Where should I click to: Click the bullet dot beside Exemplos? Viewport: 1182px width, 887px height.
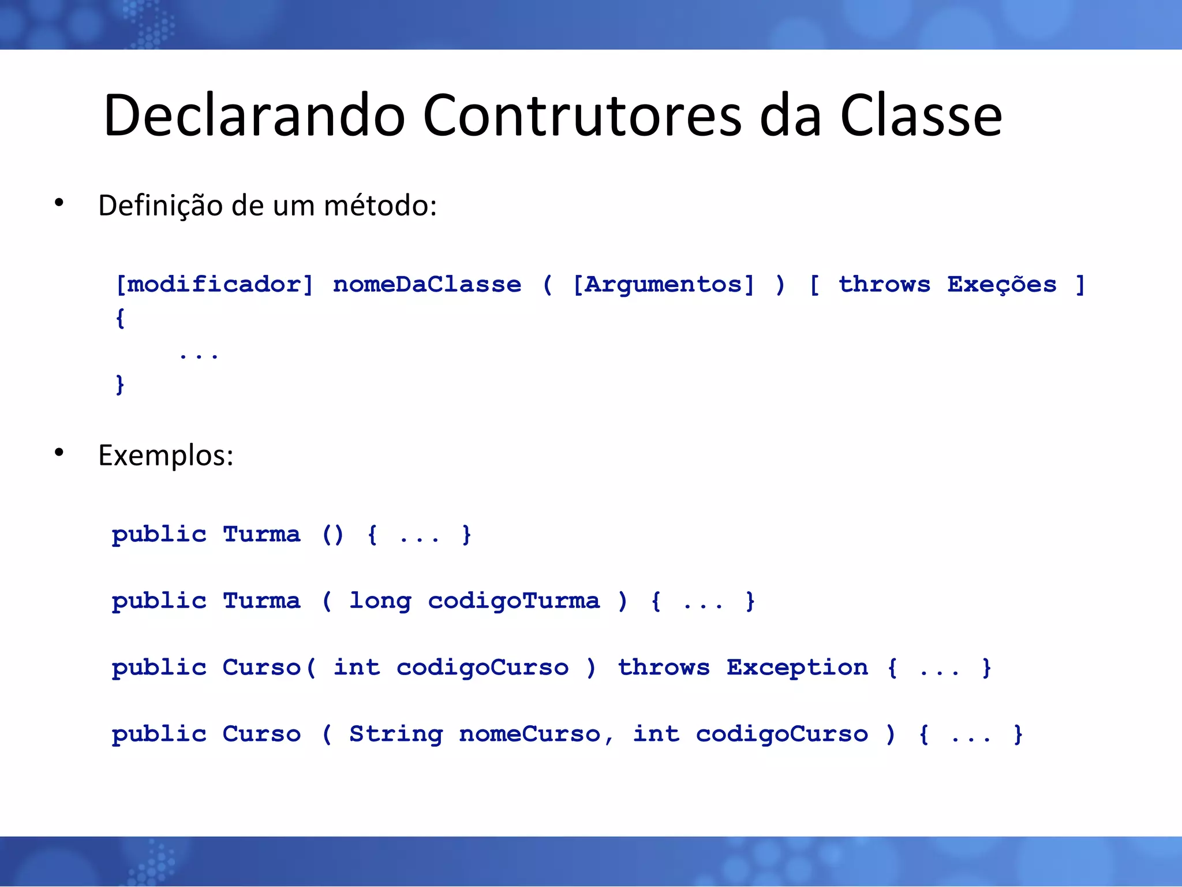(x=59, y=452)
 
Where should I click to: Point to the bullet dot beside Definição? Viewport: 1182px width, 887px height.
(x=59, y=202)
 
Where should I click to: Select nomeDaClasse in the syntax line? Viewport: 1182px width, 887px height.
(x=427, y=285)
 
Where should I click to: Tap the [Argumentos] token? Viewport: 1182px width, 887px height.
(x=663, y=285)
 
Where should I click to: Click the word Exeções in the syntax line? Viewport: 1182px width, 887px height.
(x=1002, y=285)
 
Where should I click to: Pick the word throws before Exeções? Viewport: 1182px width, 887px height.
(x=884, y=285)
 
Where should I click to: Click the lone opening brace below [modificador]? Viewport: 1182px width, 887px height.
(x=120, y=318)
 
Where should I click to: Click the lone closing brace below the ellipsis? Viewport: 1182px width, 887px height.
(x=120, y=384)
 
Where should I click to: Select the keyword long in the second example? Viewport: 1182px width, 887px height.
(x=380, y=602)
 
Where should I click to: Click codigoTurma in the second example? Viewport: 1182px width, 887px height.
(x=514, y=602)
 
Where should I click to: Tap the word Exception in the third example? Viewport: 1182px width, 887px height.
(x=797, y=668)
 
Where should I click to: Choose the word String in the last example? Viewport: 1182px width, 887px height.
(x=396, y=735)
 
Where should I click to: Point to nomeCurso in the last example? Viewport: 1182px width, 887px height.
(x=530, y=735)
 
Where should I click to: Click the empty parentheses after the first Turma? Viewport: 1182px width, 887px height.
(x=333, y=535)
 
